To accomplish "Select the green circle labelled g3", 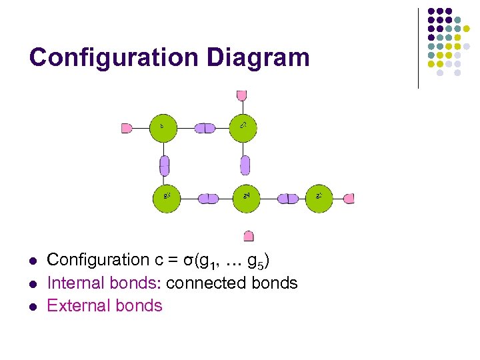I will pyautogui.click(x=167, y=198).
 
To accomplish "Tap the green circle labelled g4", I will pyautogui.click(x=247, y=198).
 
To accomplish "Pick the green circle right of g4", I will pyautogui.click(x=320, y=198).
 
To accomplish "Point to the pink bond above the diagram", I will pyautogui.click(x=241, y=95).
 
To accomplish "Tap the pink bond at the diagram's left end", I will pyautogui.click(x=127, y=128).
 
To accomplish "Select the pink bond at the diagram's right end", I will pyautogui.click(x=349, y=198).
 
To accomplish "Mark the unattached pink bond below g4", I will pyautogui.click(x=249, y=235).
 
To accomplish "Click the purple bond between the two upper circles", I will pyautogui.click(x=205, y=128).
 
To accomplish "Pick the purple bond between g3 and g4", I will pyautogui.click(x=208, y=198).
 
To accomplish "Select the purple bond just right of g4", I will pyautogui.click(x=288, y=198).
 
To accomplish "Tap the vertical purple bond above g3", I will pyautogui.click(x=165, y=165).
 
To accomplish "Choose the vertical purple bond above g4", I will pyautogui.click(x=245, y=165).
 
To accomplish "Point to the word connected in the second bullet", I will pyautogui.click(x=207, y=283).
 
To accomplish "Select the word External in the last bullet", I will pyautogui.click(x=75, y=305).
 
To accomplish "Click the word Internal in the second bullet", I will pyautogui.click(x=73, y=283).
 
